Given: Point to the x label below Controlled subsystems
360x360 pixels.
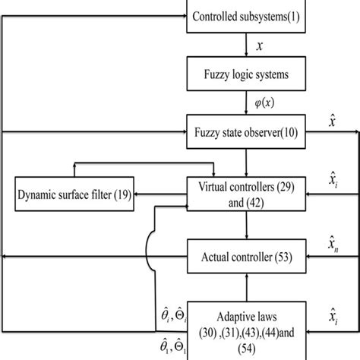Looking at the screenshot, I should (x=260, y=46).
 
